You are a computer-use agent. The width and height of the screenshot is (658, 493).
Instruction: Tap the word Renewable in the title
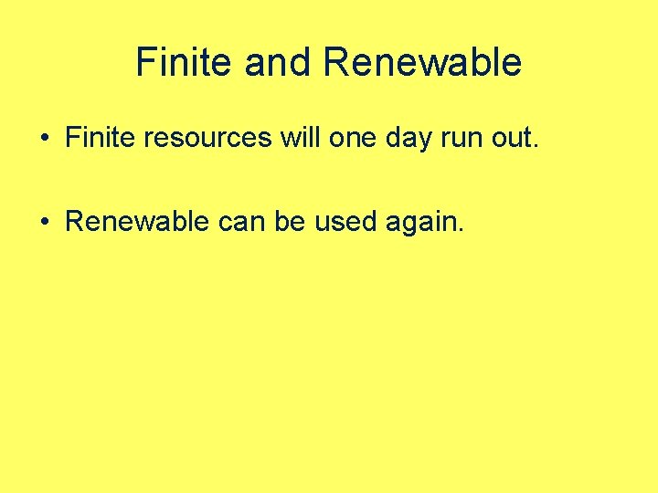pos(422,63)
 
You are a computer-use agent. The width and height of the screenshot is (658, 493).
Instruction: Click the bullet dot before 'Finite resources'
pos(44,139)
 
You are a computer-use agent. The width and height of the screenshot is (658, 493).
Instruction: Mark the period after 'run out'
pos(537,146)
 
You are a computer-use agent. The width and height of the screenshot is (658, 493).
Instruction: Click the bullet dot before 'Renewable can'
pos(44,223)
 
